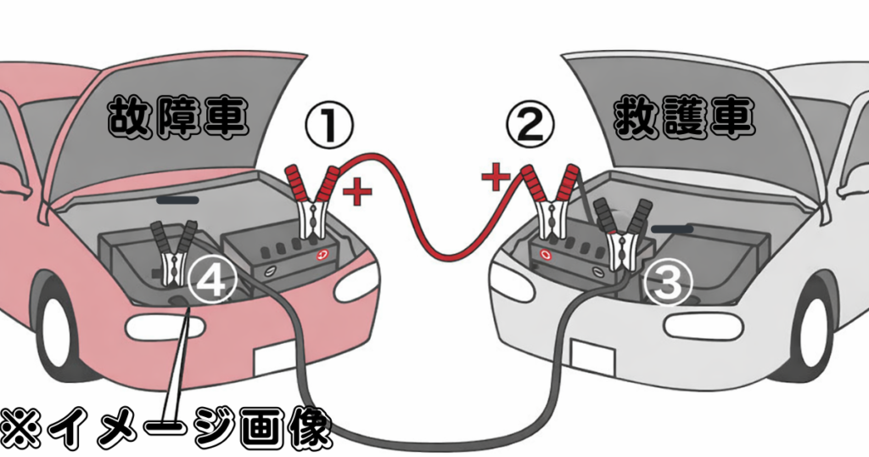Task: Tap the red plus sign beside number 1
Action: click(x=359, y=192)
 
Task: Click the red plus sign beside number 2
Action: click(x=495, y=178)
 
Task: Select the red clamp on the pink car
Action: click(x=309, y=204)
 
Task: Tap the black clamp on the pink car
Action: click(x=174, y=253)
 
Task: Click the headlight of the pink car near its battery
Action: click(x=356, y=284)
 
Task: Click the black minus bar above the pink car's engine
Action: click(x=179, y=201)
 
